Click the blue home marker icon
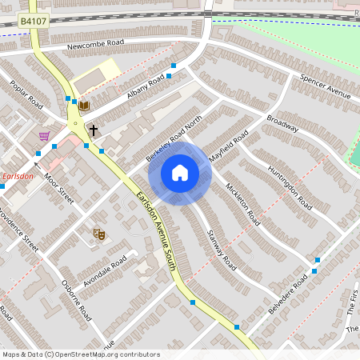[x=180, y=173]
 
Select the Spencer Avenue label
[x=326, y=87]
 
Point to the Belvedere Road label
[x=288, y=293]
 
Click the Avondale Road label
[x=106, y=272]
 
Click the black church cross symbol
[x=94, y=129]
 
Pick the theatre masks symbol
[x=99, y=234]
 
